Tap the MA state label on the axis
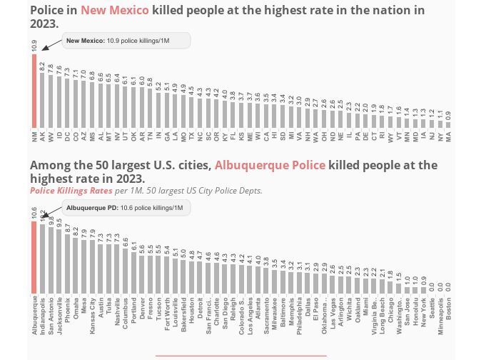click(x=449, y=134)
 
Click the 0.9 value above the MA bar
click(x=449, y=114)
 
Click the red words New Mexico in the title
click(x=115, y=10)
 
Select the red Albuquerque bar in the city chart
click(x=34, y=257)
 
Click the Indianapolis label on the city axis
click(x=42, y=315)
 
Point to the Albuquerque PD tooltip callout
click(x=125, y=208)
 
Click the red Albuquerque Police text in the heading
click(x=270, y=165)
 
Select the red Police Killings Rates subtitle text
click(x=71, y=191)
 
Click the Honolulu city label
click(x=415, y=314)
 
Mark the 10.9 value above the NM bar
click(x=34, y=44)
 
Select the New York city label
click(x=424, y=314)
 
